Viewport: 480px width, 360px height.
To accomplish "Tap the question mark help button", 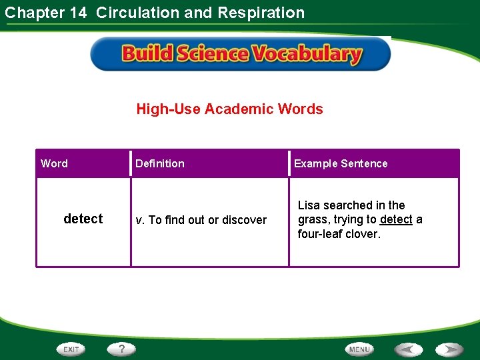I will click(x=122, y=349).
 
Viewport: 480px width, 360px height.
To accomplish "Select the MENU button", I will click(x=359, y=349).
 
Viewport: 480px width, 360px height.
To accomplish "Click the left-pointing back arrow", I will click(x=408, y=349).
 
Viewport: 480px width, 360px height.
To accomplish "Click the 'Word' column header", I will click(x=54, y=163).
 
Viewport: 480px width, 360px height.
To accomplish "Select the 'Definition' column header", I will click(x=160, y=163).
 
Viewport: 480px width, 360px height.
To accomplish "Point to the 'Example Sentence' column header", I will click(x=341, y=163).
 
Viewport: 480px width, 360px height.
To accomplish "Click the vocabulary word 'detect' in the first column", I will click(x=83, y=219).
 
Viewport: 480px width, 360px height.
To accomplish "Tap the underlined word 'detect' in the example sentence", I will click(x=396, y=219).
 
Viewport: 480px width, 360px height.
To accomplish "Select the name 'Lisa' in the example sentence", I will click(x=309, y=205).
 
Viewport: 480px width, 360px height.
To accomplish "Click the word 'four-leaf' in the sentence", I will click(x=319, y=234).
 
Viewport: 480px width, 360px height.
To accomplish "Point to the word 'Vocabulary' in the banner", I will click(x=308, y=54).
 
